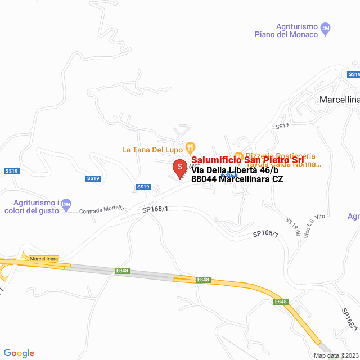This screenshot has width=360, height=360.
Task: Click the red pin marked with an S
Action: [179, 167]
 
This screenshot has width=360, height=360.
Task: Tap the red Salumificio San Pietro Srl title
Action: [244, 160]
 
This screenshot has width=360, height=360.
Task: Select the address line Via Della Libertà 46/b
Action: [235, 170]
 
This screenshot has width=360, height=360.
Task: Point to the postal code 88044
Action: [204, 179]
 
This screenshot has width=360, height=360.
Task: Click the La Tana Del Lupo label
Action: [153, 150]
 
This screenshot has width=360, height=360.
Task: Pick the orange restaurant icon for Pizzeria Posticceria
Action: [238, 156]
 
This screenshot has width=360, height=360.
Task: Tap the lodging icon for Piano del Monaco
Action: [325, 28]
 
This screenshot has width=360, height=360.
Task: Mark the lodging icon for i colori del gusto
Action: [66, 204]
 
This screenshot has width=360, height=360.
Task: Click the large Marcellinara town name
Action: [339, 100]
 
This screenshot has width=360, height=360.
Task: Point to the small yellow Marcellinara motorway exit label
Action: [44, 258]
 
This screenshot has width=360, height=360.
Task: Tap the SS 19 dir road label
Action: [292, 226]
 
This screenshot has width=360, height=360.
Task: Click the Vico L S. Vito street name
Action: [316, 225]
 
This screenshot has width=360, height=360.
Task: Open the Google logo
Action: [19, 353]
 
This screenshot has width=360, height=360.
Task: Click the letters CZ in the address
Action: [277, 179]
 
